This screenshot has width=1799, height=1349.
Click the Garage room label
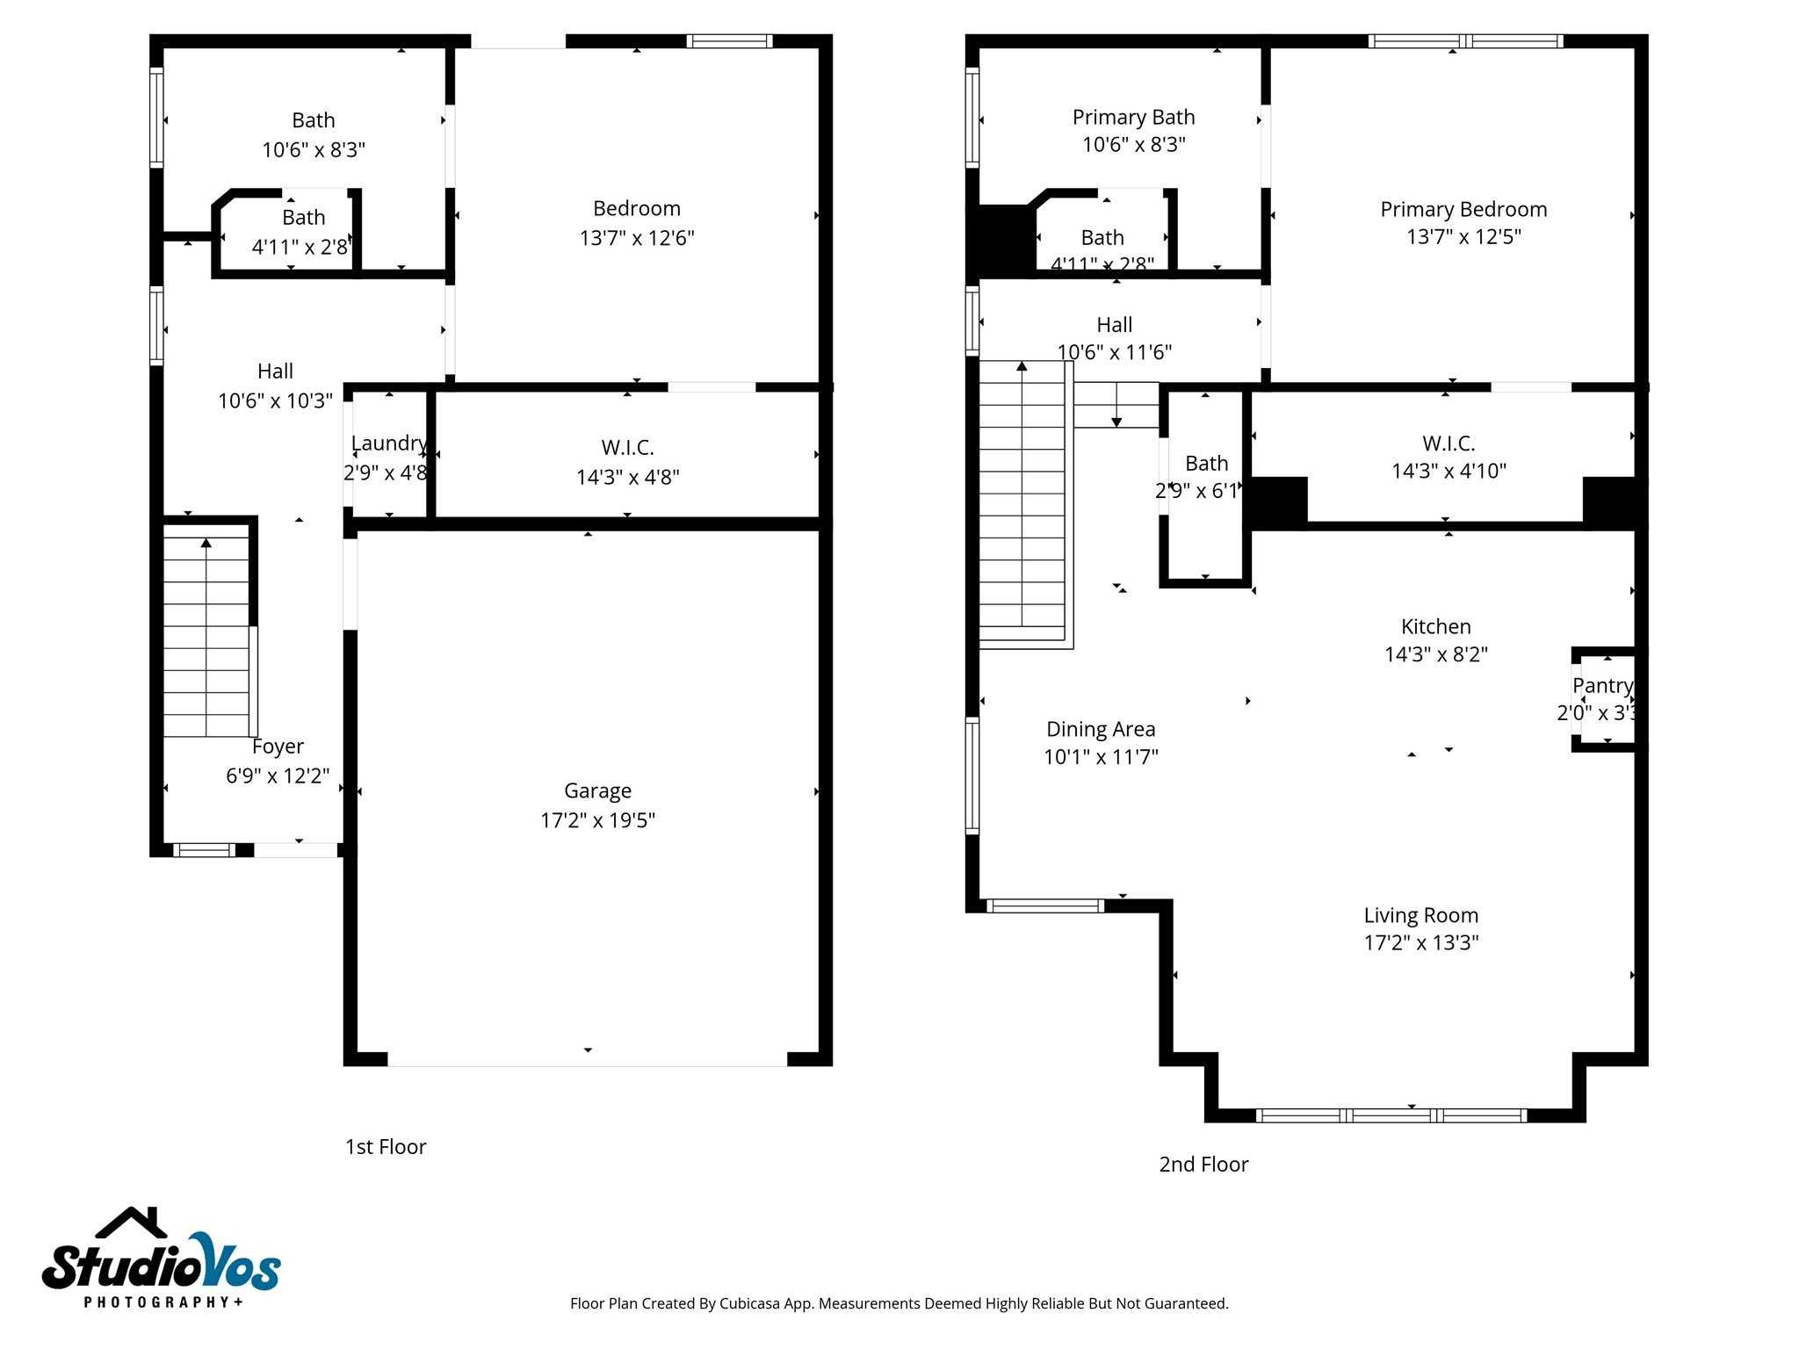(x=597, y=790)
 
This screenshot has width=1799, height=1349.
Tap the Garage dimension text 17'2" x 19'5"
(x=597, y=820)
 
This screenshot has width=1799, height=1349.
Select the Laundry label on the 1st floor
(x=388, y=444)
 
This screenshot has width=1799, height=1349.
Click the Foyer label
(x=278, y=747)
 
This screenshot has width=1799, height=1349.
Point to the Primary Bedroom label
(x=1463, y=209)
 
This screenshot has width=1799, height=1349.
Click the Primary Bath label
(x=1133, y=117)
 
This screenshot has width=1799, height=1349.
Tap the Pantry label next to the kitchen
(x=1602, y=685)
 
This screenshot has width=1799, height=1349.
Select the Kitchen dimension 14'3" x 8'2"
(x=1436, y=654)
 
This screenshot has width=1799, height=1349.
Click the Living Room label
(x=1420, y=915)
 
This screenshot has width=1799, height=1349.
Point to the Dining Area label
(x=1101, y=729)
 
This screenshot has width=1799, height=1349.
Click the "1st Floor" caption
(x=386, y=1147)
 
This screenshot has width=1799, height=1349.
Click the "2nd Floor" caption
(x=1203, y=1165)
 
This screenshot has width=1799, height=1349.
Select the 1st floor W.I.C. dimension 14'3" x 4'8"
(x=627, y=477)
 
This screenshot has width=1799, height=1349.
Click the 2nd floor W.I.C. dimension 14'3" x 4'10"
(x=1449, y=471)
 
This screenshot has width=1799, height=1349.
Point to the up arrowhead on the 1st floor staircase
(x=206, y=543)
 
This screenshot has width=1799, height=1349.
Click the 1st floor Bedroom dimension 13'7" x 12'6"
(x=636, y=238)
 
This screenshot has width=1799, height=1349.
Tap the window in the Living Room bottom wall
(x=1391, y=1115)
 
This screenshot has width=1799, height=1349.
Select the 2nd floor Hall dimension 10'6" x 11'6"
(x=1114, y=352)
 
